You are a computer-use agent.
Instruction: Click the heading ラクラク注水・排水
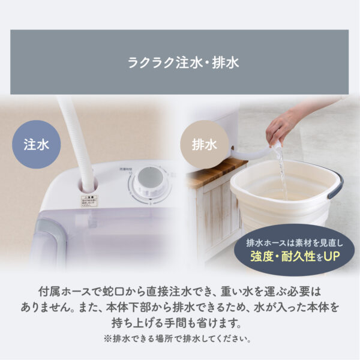[x=180, y=62]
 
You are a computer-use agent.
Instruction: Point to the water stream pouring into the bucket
[x=281, y=174]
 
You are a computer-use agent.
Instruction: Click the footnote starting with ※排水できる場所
[x=180, y=338]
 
